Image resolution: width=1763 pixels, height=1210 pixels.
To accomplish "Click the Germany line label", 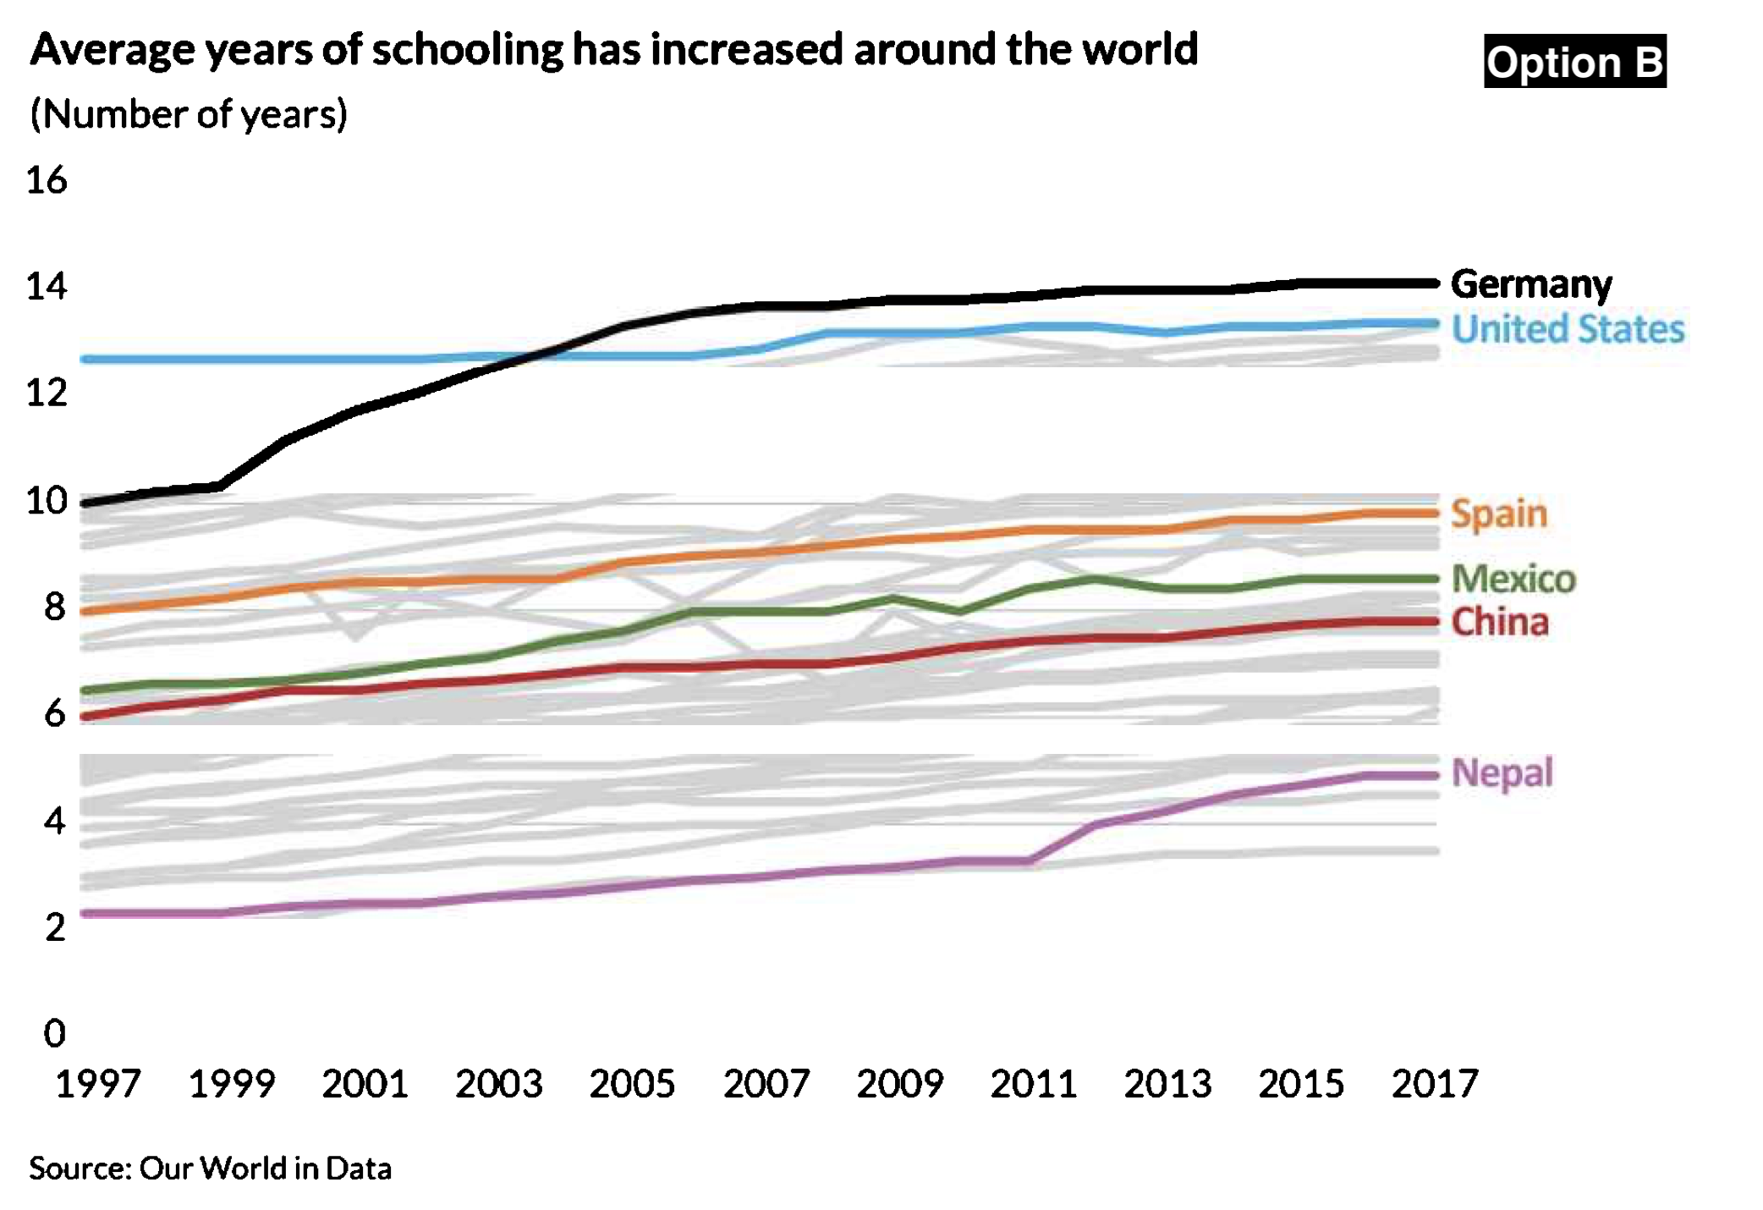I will point(1530,284).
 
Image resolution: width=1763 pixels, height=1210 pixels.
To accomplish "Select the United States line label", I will point(1568,329).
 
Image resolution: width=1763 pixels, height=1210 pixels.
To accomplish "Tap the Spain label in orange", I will point(1499,514).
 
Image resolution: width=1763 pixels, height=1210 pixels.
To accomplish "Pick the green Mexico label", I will point(1513,579).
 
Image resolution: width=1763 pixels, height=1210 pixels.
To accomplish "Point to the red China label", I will point(1500,622).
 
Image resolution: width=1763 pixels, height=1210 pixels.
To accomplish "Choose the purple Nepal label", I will point(1502,773).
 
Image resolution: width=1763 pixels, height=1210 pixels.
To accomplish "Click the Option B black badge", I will point(1574,62).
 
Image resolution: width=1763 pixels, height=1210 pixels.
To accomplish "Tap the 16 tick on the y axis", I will point(47,180).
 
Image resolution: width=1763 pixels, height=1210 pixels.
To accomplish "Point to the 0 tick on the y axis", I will point(54,1033).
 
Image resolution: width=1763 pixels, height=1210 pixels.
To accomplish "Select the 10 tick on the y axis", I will point(47,501).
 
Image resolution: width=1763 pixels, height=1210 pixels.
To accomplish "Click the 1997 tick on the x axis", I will point(97,1084).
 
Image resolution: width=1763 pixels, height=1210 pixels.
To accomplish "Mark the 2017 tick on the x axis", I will point(1434,1084).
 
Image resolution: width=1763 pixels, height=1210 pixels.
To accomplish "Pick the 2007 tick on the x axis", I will point(766,1084).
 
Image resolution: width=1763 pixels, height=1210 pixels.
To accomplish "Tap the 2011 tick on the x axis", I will point(1033,1084).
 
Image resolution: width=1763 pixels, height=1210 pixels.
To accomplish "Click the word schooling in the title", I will point(467,49).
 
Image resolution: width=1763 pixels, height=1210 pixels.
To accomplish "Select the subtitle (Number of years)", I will point(189,114).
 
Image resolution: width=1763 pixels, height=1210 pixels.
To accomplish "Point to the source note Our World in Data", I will point(210,1169).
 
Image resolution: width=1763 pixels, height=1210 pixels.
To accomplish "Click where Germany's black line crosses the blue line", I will point(529,357).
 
